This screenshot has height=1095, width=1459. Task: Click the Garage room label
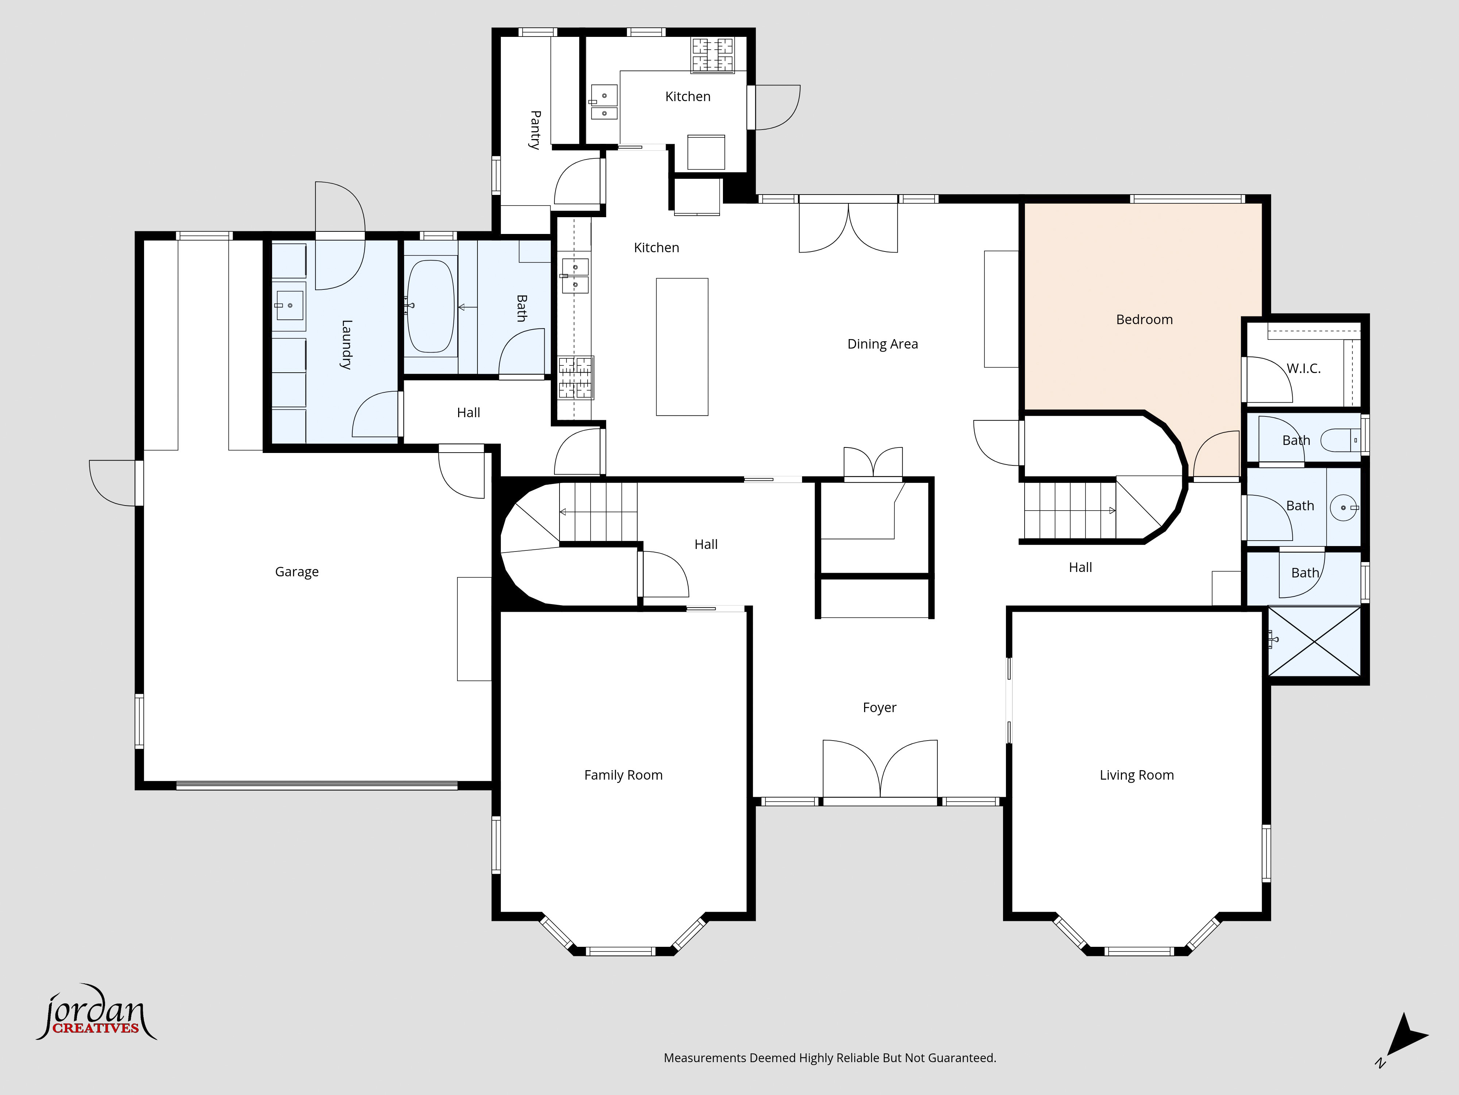point(297,572)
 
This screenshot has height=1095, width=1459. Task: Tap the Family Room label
point(623,775)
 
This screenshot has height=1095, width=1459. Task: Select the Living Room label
point(1137,775)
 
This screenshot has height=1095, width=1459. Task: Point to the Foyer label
point(879,708)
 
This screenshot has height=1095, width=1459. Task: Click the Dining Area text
point(883,344)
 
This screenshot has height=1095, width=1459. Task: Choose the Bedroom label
point(1144,319)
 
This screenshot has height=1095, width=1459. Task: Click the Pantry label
point(535,130)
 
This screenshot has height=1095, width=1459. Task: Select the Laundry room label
point(346,344)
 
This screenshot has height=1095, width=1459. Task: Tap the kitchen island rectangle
point(682,346)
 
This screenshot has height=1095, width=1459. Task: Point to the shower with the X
point(1315,642)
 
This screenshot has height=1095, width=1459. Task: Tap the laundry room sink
point(289,306)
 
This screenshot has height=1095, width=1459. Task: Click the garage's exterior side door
point(115,483)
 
